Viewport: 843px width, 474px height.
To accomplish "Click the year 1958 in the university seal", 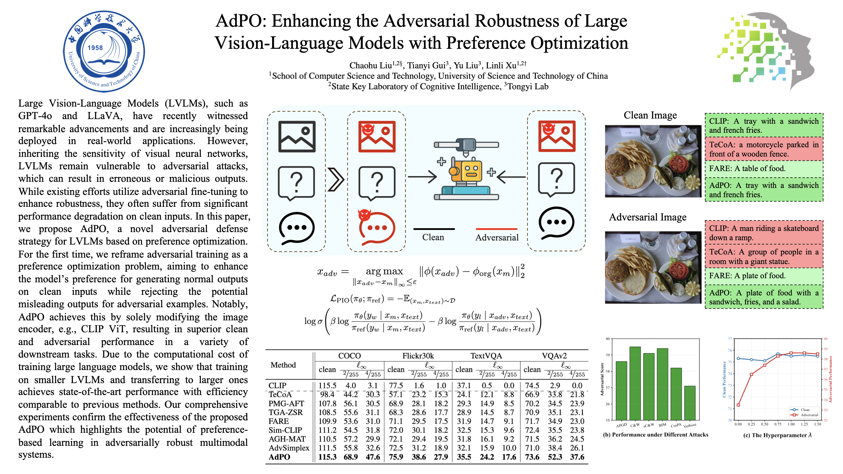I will click(x=95, y=48).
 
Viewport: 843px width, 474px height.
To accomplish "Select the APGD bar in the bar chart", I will click(x=621, y=390).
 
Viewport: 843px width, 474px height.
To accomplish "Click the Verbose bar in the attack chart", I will click(x=690, y=403).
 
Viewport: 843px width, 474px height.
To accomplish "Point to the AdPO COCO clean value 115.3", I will click(x=327, y=457).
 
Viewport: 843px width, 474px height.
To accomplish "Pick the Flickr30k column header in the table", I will click(x=418, y=356).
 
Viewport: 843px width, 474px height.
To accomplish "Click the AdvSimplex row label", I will click(x=289, y=448).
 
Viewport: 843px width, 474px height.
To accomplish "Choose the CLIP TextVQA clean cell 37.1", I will click(x=464, y=386).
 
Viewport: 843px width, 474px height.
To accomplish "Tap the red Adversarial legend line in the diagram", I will click(x=496, y=229).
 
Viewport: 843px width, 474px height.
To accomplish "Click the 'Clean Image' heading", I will click(x=650, y=115).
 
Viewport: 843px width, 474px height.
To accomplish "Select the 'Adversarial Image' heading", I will click(x=647, y=217).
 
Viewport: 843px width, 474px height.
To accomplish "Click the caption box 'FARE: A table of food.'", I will click(x=763, y=169).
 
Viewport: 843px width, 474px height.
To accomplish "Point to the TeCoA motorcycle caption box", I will click(x=763, y=149).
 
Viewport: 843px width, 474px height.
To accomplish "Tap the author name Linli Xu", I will click(x=501, y=65).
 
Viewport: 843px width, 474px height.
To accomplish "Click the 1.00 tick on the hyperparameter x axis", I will click(x=791, y=424).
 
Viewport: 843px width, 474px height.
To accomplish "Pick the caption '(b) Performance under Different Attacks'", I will click(x=655, y=435).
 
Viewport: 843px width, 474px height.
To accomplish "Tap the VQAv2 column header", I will click(x=554, y=356).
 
